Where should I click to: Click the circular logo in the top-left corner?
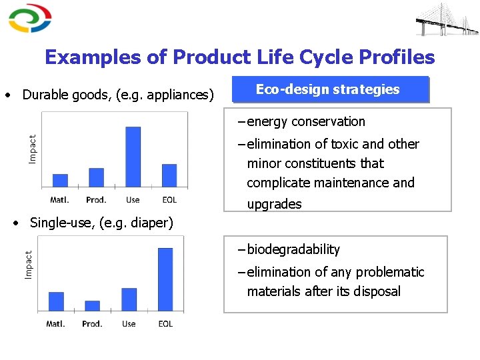30,18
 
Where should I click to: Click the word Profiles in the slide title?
397,57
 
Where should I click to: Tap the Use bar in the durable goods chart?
133,157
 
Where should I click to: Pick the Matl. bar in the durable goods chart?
60,181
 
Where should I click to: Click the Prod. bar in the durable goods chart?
97,177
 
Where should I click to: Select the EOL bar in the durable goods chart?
169,175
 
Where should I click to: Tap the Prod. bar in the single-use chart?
92,306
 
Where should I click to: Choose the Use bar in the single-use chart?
129,299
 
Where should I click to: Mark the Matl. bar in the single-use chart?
56,301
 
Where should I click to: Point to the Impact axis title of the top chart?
32,149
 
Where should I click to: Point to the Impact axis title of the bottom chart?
29,265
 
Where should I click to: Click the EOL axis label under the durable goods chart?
169,200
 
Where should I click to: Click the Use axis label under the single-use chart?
129,324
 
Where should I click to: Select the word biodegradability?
293,250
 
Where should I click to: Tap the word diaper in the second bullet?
151,223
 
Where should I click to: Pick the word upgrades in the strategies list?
274,204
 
